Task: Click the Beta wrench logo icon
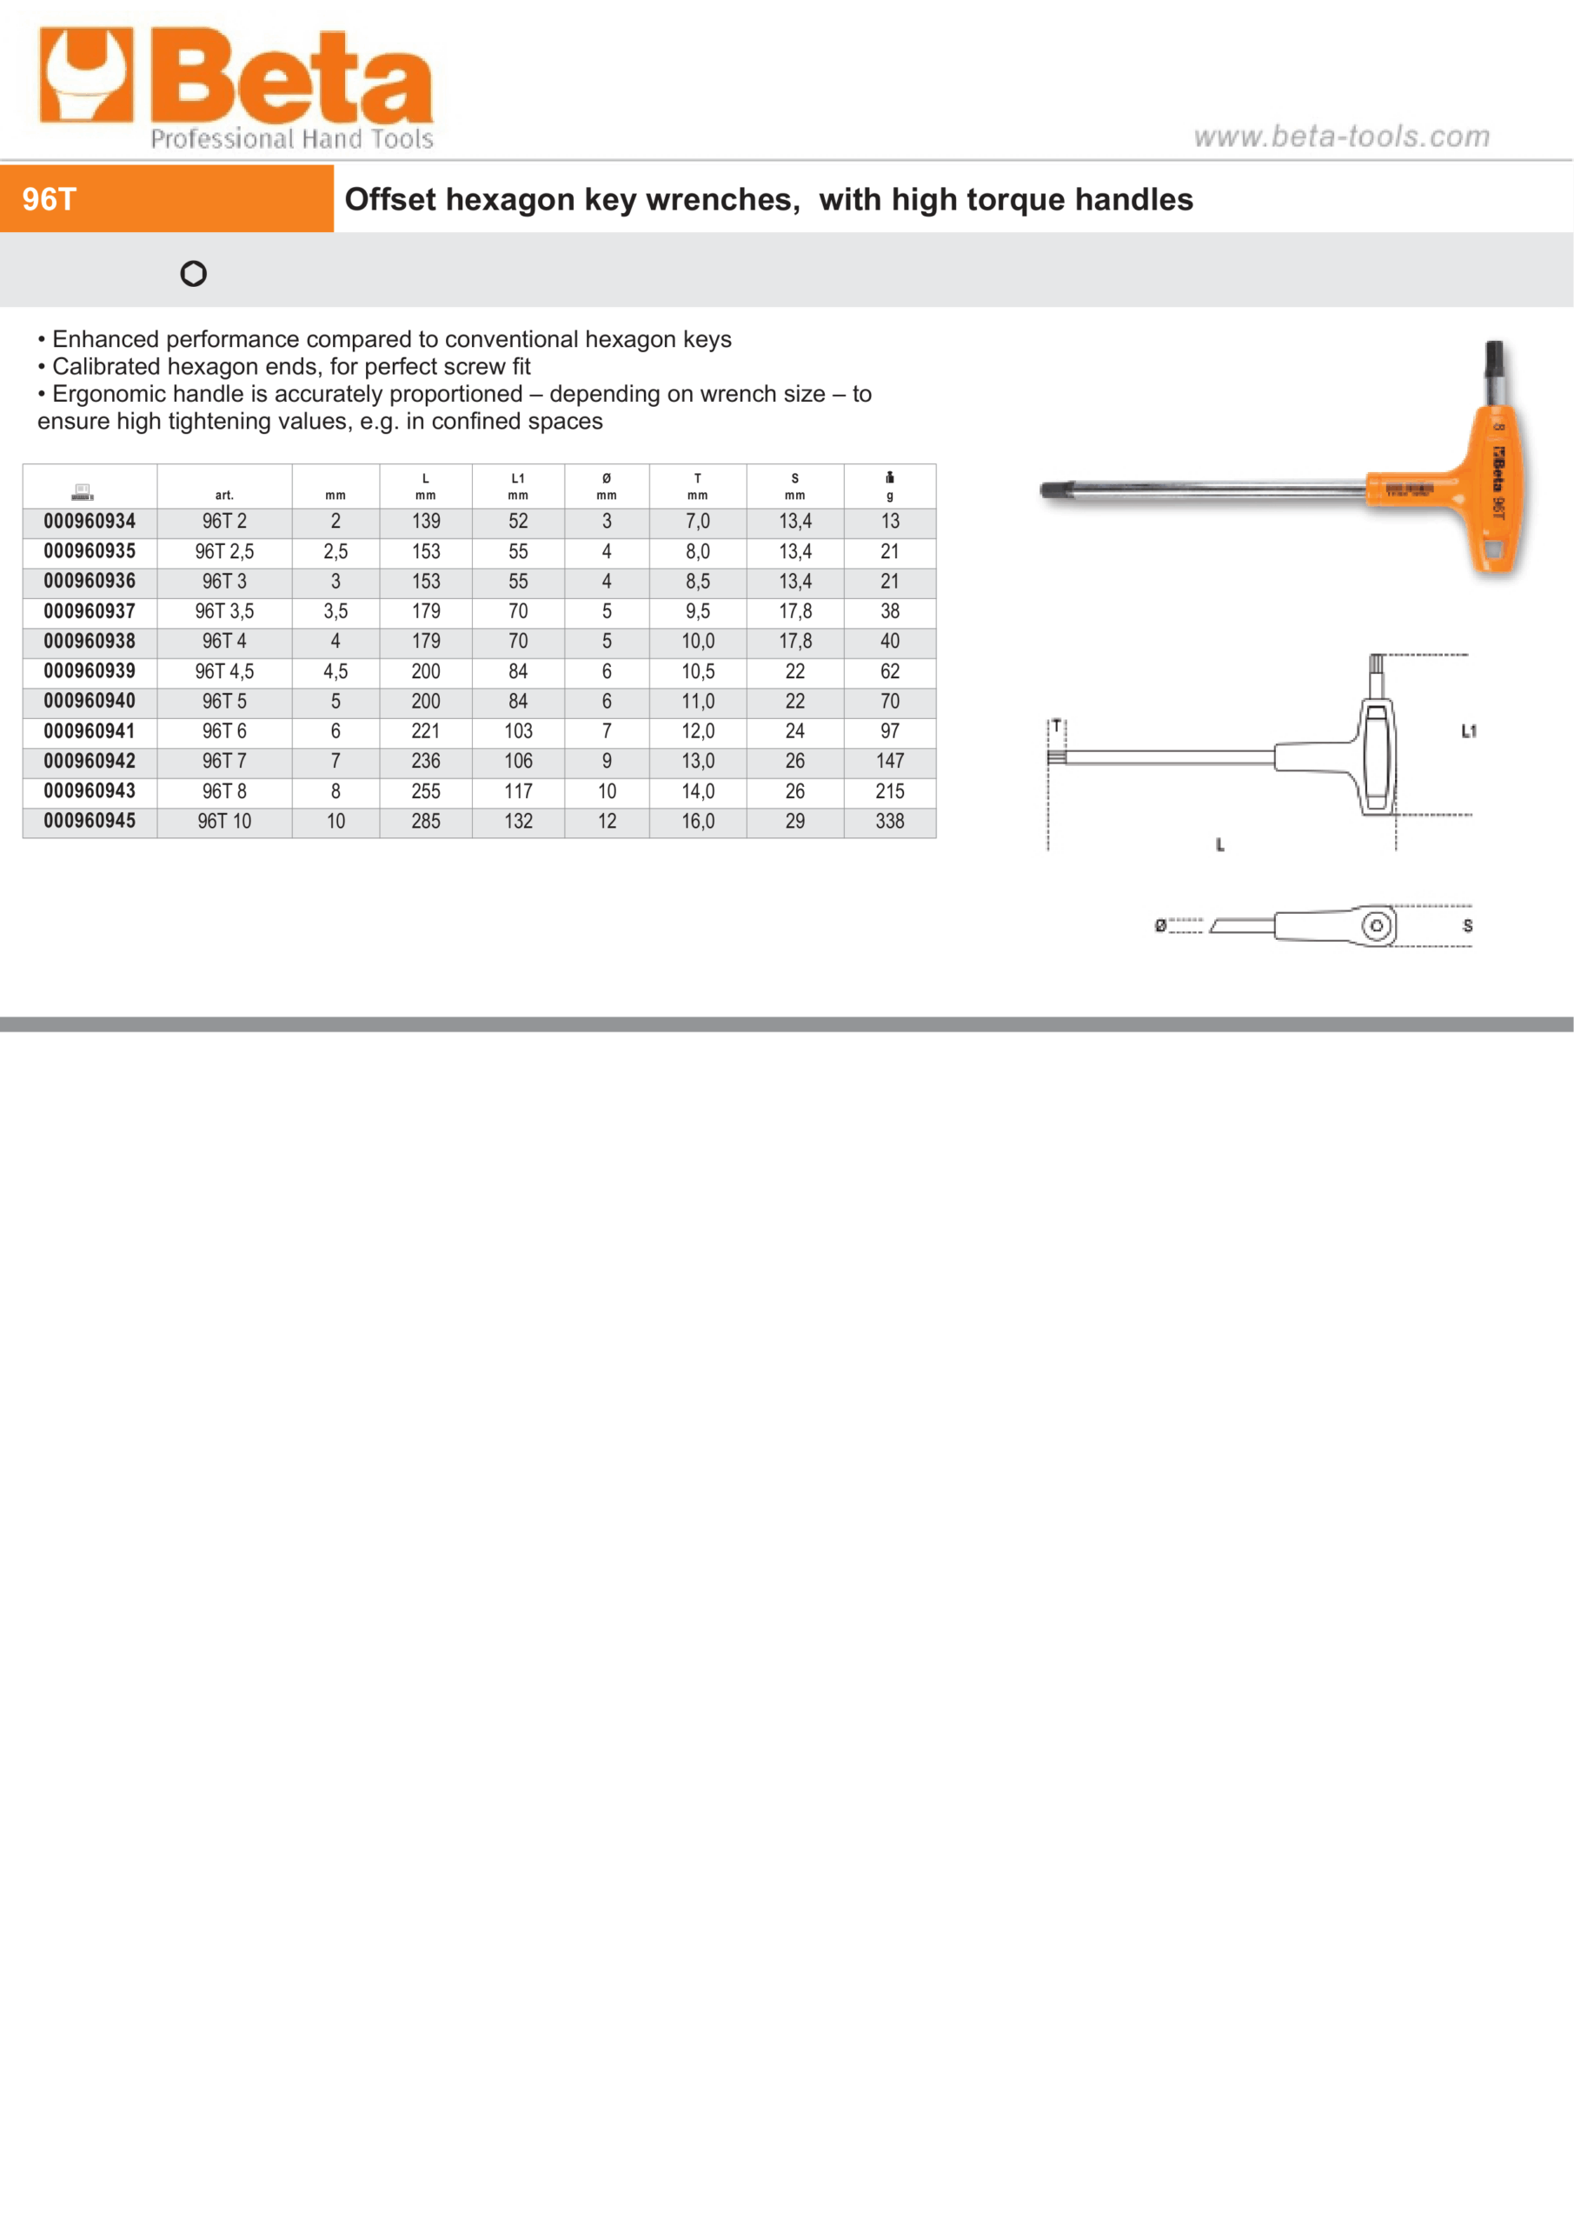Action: pyautogui.click(x=85, y=76)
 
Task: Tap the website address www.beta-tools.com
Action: pyautogui.click(x=1340, y=137)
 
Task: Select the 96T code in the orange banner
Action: pyautogui.click(x=50, y=200)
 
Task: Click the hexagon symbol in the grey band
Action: pyautogui.click(x=194, y=273)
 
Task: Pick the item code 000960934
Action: pyautogui.click(x=90, y=522)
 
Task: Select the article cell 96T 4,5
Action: pyautogui.click(x=224, y=672)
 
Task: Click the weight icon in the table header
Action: pyautogui.click(x=890, y=477)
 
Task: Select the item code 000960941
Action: pyautogui.click(x=90, y=732)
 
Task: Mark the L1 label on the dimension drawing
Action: pyautogui.click(x=1468, y=732)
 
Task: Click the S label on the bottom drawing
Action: pyautogui.click(x=1467, y=926)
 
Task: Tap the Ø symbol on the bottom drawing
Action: pyautogui.click(x=1160, y=926)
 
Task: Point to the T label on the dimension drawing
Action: pyautogui.click(x=1057, y=725)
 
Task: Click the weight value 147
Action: pyautogui.click(x=890, y=762)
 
